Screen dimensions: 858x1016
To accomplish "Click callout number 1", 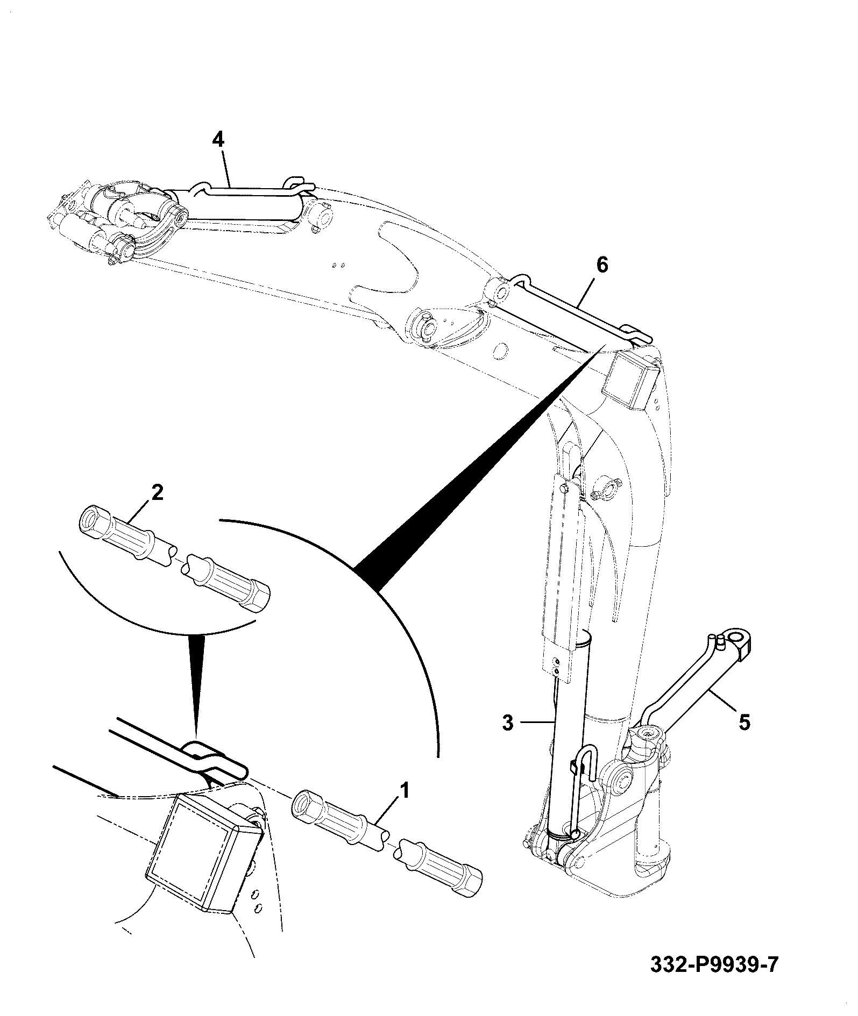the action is pyautogui.click(x=404, y=791).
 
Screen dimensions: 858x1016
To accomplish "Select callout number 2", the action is pyautogui.click(x=157, y=493).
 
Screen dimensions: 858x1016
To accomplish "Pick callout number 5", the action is pyautogui.click(x=744, y=722).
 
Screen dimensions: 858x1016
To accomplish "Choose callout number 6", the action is pyautogui.click(x=602, y=265).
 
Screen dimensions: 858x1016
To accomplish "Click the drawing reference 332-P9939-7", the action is pyautogui.click(x=714, y=965).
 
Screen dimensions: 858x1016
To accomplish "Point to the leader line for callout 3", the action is pyautogui.click(x=536, y=723).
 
